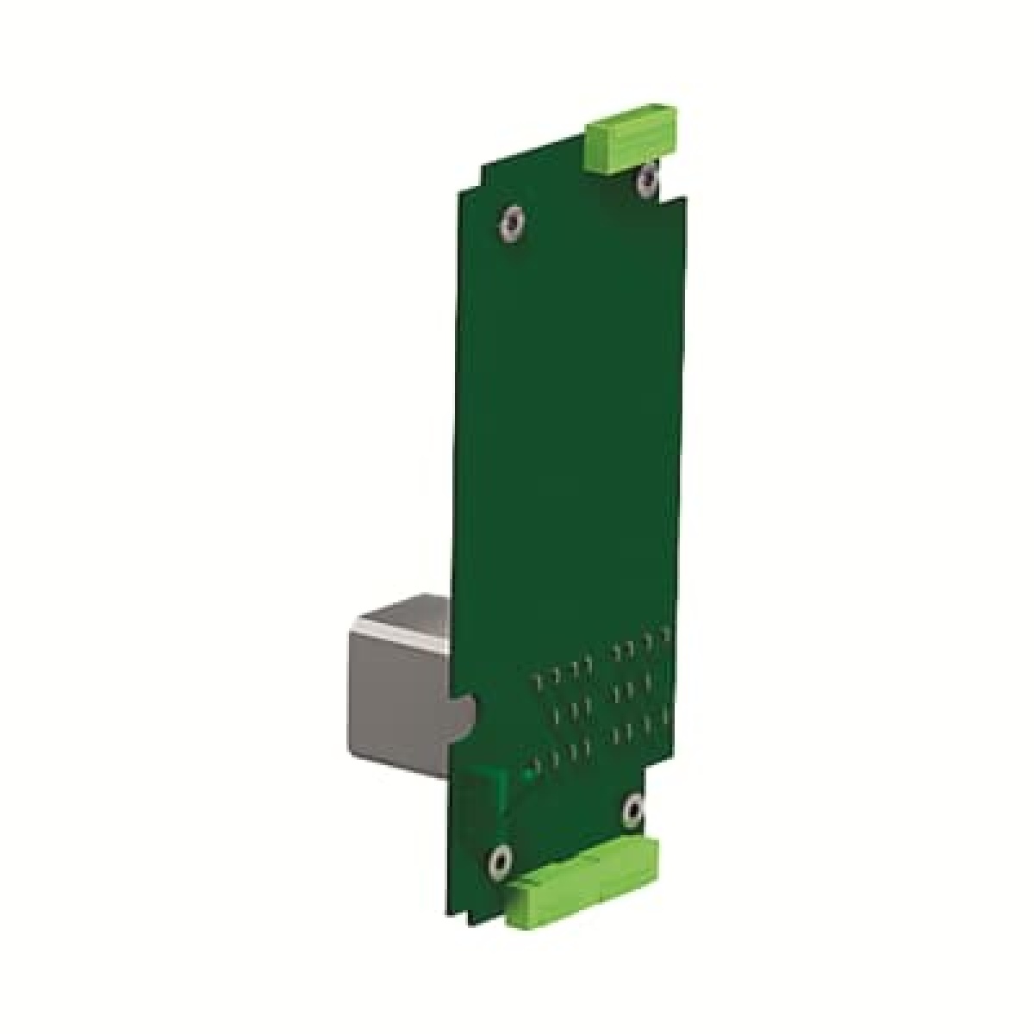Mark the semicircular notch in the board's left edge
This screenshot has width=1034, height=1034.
coord(465,712)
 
